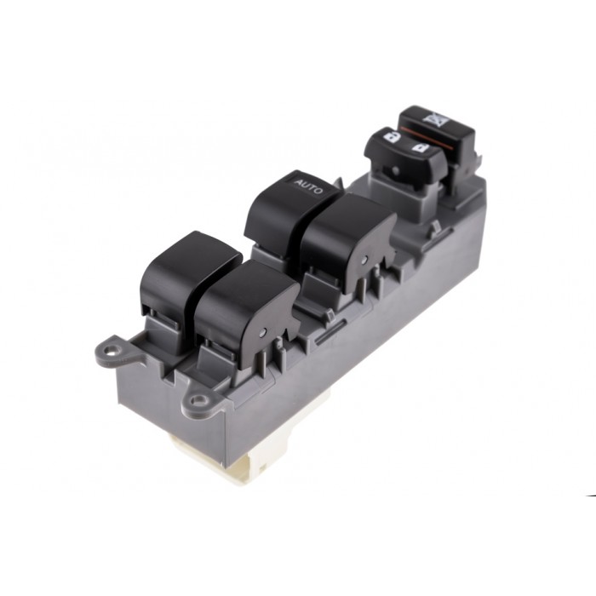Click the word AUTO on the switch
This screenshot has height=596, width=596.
click(307, 184)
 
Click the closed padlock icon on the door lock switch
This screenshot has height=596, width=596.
click(390, 135)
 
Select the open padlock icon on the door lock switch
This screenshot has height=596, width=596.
click(420, 149)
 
